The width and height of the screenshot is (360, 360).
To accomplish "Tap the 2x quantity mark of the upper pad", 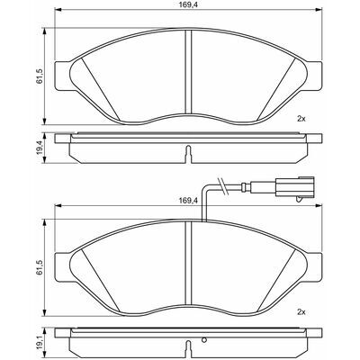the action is pyautogui.click(x=301, y=119).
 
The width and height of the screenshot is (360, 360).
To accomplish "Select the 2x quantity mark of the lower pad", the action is pyautogui.click(x=301, y=312).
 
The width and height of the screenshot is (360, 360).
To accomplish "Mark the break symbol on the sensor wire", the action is pyautogui.click(x=221, y=185).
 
